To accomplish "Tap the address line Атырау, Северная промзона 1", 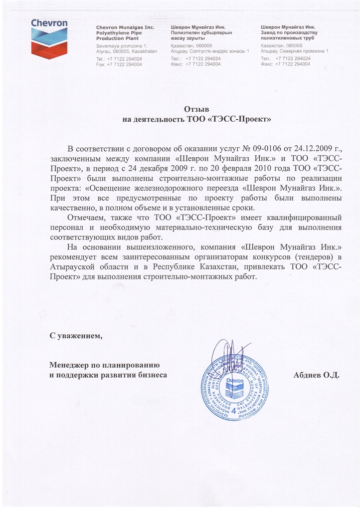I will [294, 51].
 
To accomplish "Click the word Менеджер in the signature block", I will [73, 363].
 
